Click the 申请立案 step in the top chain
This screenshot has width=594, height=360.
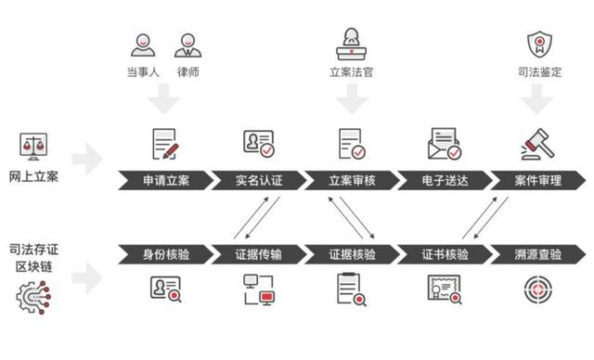coord(165,181)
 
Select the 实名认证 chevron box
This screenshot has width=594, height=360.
coord(259,181)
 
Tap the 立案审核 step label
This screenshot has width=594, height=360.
coord(352,181)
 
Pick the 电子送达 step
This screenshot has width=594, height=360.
coord(444,181)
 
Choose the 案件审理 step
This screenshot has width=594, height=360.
coord(536,181)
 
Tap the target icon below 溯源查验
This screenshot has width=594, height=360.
coord(537,291)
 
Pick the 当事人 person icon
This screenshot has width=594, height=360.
coord(143,45)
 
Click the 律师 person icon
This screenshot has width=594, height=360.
coord(187,45)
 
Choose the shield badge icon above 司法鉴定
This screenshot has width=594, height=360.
coord(537,45)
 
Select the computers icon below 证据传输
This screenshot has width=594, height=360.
coord(259,291)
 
